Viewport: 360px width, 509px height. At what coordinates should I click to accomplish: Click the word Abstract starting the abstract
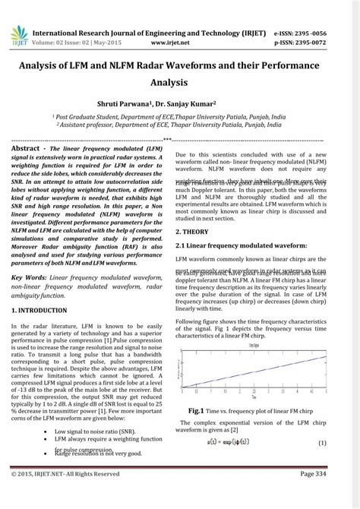(30, 150)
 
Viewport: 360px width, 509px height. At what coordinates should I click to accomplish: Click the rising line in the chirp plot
(258, 371)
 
